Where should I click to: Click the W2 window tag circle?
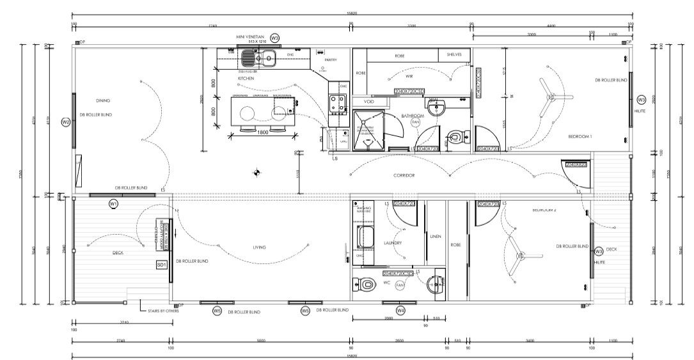[x=65, y=121]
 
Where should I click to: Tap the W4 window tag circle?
[x=400, y=311]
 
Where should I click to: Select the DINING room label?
[x=103, y=100]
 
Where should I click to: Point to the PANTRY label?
[x=331, y=60]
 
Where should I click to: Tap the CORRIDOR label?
[x=404, y=175]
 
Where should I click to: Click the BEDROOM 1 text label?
[x=580, y=137]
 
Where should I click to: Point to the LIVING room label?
[x=259, y=247]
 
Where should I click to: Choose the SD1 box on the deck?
[x=161, y=264]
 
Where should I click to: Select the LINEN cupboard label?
[x=436, y=235]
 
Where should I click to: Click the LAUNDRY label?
[x=393, y=243]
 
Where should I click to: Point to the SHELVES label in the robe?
[x=454, y=56]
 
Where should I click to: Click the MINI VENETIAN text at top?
[x=249, y=37]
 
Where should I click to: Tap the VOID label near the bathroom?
[x=368, y=102]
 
